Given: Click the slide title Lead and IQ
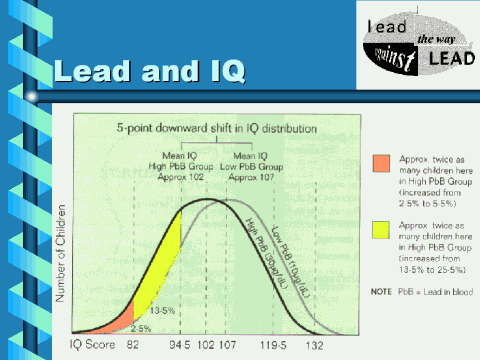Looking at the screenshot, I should pyautogui.click(x=149, y=72).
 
